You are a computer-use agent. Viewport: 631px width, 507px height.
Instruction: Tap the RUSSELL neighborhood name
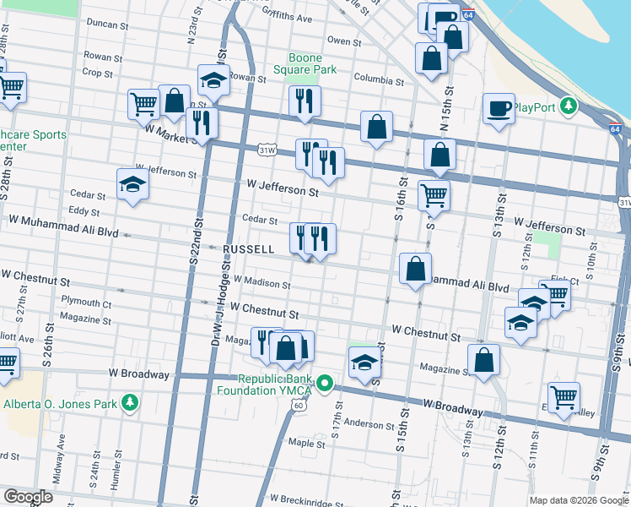(249, 250)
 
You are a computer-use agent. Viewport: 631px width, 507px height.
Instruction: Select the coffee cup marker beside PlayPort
(499, 108)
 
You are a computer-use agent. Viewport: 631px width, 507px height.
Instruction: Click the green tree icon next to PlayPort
(569, 106)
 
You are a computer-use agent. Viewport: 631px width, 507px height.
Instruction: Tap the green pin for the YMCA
(326, 384)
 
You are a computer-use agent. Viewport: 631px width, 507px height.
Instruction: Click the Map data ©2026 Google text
(579, 500)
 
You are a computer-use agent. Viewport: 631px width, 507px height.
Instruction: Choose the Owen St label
(344, 41)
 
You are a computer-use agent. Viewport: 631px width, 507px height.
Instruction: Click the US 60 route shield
(299, 406)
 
